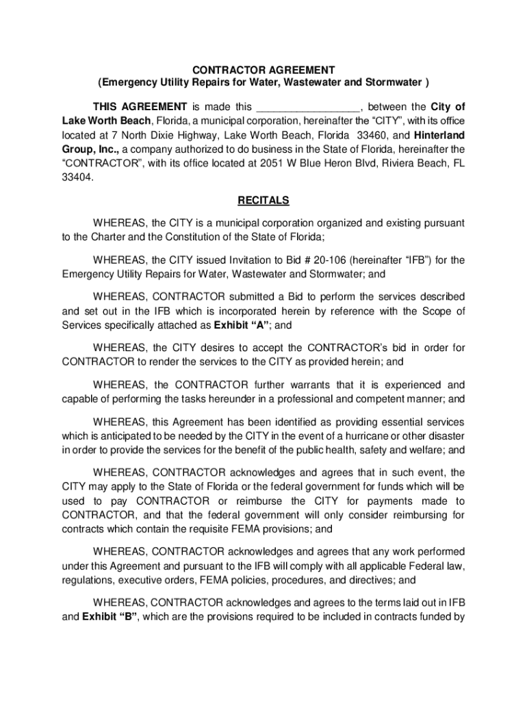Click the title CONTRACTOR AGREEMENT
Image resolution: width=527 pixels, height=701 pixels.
pos(263,71)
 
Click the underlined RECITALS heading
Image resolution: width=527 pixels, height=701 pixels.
pos(263,201)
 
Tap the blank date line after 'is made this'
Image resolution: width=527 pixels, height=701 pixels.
pos(307,107)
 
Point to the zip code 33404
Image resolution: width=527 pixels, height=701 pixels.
pos(76,177)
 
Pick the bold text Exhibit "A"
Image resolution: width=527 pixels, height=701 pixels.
pos(233,326)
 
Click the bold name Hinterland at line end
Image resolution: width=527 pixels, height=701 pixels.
pos(439,135)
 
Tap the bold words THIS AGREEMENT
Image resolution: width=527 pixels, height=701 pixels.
pos(140,107)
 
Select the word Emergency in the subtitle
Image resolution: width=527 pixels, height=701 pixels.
pos(129,84)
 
